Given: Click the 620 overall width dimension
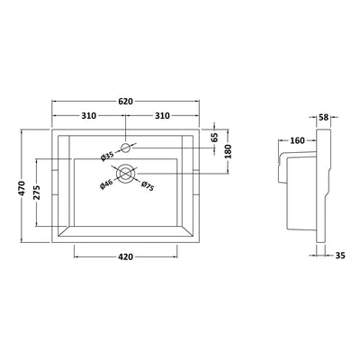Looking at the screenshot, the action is (125, 102).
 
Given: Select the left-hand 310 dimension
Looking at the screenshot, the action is (89, 115).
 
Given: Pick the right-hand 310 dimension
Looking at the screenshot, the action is (162, 115).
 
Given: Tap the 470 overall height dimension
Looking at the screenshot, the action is (22, 188).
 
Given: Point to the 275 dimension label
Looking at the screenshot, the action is (36, 193).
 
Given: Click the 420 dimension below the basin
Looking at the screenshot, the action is (126, 256).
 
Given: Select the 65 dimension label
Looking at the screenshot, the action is (214, 138).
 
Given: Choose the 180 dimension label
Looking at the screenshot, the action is (229, 151).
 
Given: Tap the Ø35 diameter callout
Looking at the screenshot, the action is (107, 157).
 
